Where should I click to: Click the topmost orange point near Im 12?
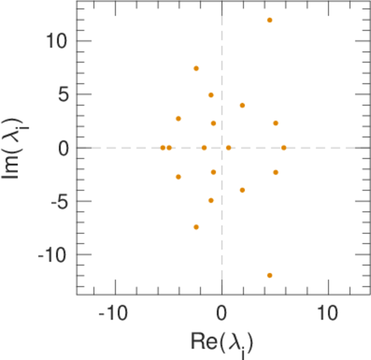(270, 20)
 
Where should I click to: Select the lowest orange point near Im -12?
(270, 275)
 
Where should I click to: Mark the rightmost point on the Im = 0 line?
(283, 148)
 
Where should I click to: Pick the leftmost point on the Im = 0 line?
(163, 148)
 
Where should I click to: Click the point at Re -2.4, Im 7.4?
(196, 68)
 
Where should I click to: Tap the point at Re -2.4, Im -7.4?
(196, 227)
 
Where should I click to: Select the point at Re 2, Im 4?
(242, 105)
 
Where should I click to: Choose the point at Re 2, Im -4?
(242, 190)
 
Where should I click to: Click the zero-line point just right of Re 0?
(228, 148)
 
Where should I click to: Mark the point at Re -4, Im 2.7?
(178, 118)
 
